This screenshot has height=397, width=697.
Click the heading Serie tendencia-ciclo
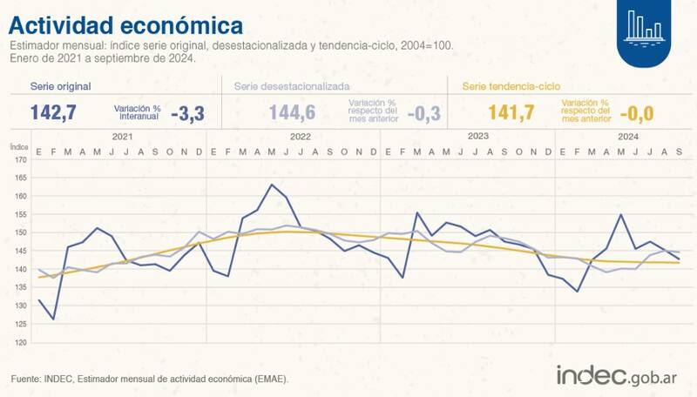pyautogui.click(x=511, y=87)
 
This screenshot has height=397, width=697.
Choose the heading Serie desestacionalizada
pyautogui.click(x=292, y=87)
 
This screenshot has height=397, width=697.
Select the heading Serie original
pyautogui.click(x=60, y=87)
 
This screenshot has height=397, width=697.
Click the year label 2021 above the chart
pyautogui.click(x=122, y=137)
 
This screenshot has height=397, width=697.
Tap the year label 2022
pyautogui.click(x=301, y=137)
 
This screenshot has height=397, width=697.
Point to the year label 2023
pyautogui.click(x=477, y=137)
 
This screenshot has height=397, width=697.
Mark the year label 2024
pyautogui.click(x=627, y=137)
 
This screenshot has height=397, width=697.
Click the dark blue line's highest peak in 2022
pyautogui.click(x=273, y=185)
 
